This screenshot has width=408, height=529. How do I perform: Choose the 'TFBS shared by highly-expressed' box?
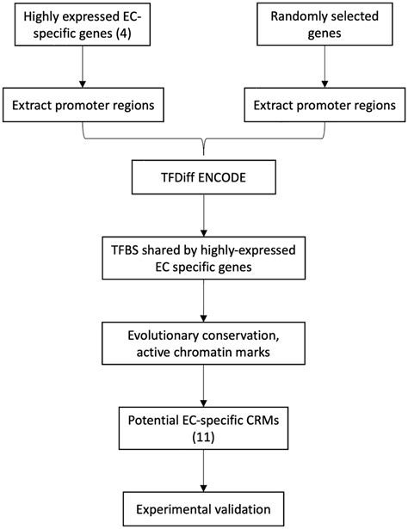click(204, 259)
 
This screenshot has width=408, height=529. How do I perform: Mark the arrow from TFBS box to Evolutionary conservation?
click(204, 301)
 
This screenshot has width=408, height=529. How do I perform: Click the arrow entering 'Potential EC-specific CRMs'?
click(204, 386)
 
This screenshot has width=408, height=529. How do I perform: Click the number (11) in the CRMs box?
click(204, 437)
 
